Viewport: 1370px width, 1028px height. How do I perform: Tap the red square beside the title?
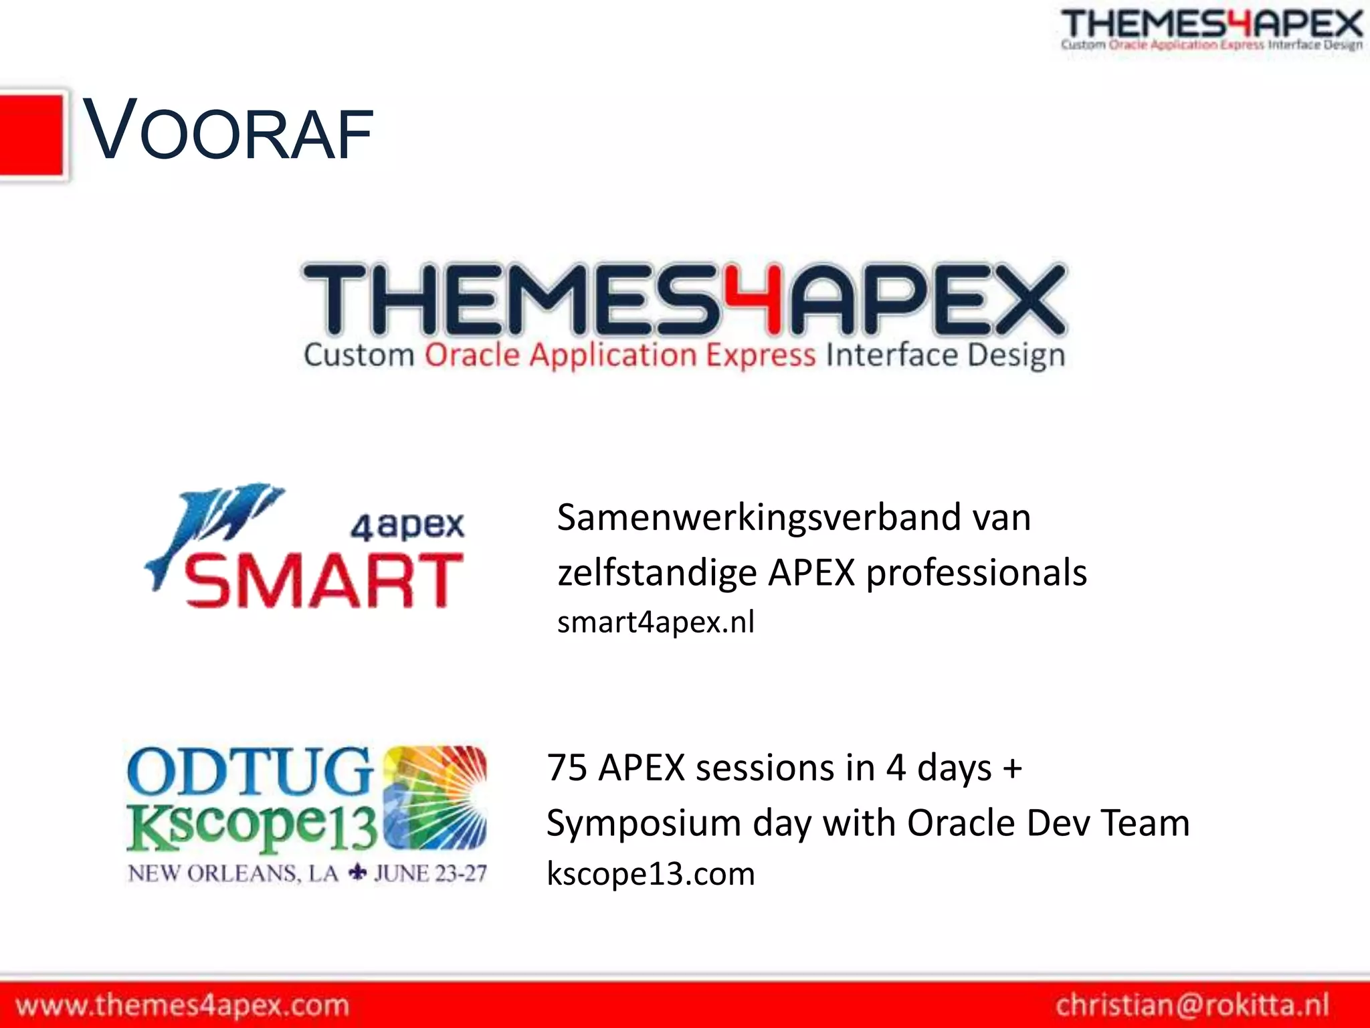click(x=31, y=135)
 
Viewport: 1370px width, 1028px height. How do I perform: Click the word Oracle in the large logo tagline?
click(x=472, y=355)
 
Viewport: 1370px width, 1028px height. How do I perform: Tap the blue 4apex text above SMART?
click(x=407, y=525)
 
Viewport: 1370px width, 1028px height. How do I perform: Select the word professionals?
click(x=976, y=573)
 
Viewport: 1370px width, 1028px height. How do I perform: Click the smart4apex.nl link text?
click(x=656, y=622)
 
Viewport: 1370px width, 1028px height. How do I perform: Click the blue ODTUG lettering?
click(x=249, y=772)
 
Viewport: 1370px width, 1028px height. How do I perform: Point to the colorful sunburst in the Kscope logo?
click(x=435, y=797)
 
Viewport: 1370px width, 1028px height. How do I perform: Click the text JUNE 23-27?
click(x=430, y=873)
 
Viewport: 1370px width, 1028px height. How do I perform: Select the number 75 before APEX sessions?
click(x=567, y=768)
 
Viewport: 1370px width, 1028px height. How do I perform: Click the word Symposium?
click(x=643, y=823)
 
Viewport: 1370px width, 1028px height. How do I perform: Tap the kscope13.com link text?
click(x=650, y=874)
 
